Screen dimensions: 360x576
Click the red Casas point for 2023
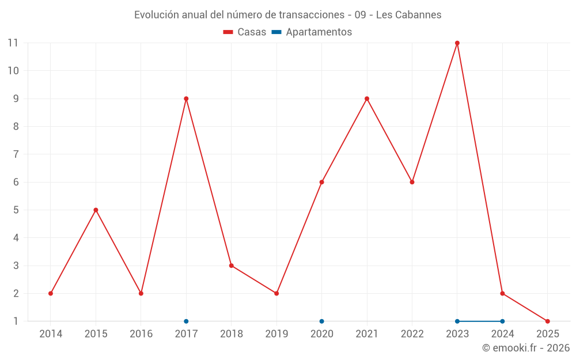pyautogui.click(x=457, y=43)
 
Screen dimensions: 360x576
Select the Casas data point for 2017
pyautogui.click(x=186, y=98)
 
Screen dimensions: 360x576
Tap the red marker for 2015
pyautogui.click(x=96, y=210)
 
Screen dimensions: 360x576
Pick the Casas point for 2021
pyautogui.click(x=367, y=98)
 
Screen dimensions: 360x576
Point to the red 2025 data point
pyautogui.click(x=548, y=321)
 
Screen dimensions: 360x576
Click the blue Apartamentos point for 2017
pyautogui.click(x=186, y=321)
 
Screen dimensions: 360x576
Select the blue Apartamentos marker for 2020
pyautogui.click(x=321, y=321)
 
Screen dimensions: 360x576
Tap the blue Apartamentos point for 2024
pyautogui.click(x=502, y=321)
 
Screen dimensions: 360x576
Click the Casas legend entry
pyautogui.click(x=245, y=32)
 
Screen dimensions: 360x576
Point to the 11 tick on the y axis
pyautogui.click(x=13, y=43)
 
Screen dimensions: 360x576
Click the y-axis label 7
pyautogui.click(x=16, y=154)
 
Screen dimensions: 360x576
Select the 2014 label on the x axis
pyautogui.click(x=51, y=334)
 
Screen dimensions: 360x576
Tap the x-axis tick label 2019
pyautogui.click(x=276, y=334)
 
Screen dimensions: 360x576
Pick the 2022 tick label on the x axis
pyautogui.click(x=412, y=334)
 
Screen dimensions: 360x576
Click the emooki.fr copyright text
pyautogui.click(x=526, y=348)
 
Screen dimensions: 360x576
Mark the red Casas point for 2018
pyautogui.click(x=231, y=266)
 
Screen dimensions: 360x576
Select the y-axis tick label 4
pyautogui.click(x=16, y=238)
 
